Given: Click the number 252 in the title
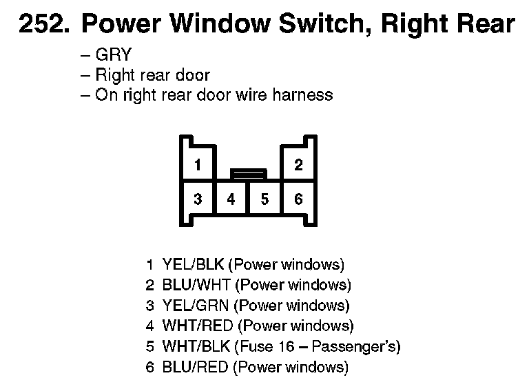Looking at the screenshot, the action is [x=43, y=25].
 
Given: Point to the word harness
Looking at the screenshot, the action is [x=302, y=94].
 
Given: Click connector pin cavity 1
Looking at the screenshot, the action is [x=198, y=166].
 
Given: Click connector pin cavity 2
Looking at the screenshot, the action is [x=298, y=166].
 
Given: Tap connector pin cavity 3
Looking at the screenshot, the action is [x=198, y=199].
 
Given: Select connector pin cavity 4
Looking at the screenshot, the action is [x=231, y=199].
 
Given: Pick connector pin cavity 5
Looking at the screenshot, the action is [x=264, y=199].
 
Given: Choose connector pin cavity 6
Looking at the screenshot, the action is [x=298, y=199].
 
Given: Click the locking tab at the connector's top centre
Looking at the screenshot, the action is [x=248, y=173].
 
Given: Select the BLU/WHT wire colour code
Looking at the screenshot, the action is [x=196, y=285].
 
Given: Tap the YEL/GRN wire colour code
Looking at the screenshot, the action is [x=196, y=306].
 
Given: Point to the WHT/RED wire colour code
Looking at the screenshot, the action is [x=198, y=326].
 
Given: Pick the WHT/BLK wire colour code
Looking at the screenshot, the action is [x=196, y=346].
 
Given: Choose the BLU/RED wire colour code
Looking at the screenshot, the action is [x=195, y=367].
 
